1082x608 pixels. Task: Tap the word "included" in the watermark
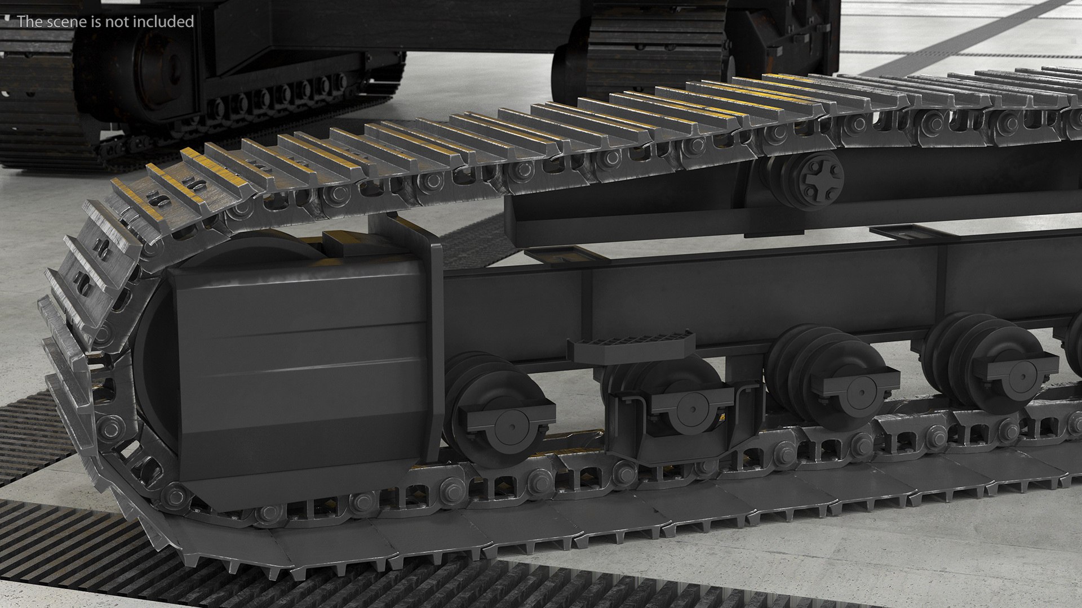(x=167, y=21)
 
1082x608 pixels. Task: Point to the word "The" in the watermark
(x=28, y=21)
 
